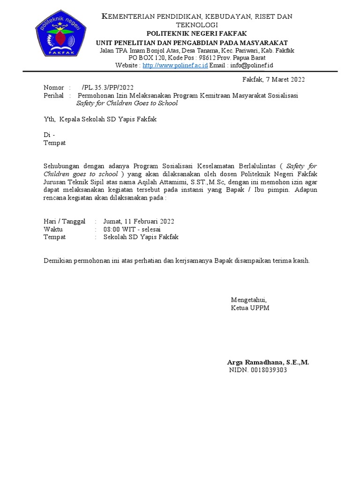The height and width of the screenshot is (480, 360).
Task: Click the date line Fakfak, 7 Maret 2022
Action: coord(274,79)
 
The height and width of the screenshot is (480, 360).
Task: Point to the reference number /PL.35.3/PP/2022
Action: coord(107,88)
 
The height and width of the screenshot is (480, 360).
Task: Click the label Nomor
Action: coord(53,88)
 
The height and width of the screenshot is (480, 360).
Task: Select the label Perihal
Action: coord(54,95)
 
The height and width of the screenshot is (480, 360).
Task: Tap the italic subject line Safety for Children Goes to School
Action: coord(127,103)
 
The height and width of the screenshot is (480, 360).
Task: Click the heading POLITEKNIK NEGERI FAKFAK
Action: coord(196,34)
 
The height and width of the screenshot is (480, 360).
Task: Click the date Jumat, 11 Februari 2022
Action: coord(139,221)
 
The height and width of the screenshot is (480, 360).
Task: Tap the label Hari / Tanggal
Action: coord(64,221)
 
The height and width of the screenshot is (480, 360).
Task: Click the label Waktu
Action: coord(53,229)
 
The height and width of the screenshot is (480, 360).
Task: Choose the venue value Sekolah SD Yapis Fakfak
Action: coord(141,237)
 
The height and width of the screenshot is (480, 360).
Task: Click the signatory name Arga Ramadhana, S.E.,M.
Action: coord(268,362)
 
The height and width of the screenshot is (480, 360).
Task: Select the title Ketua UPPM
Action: coord(250,308)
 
